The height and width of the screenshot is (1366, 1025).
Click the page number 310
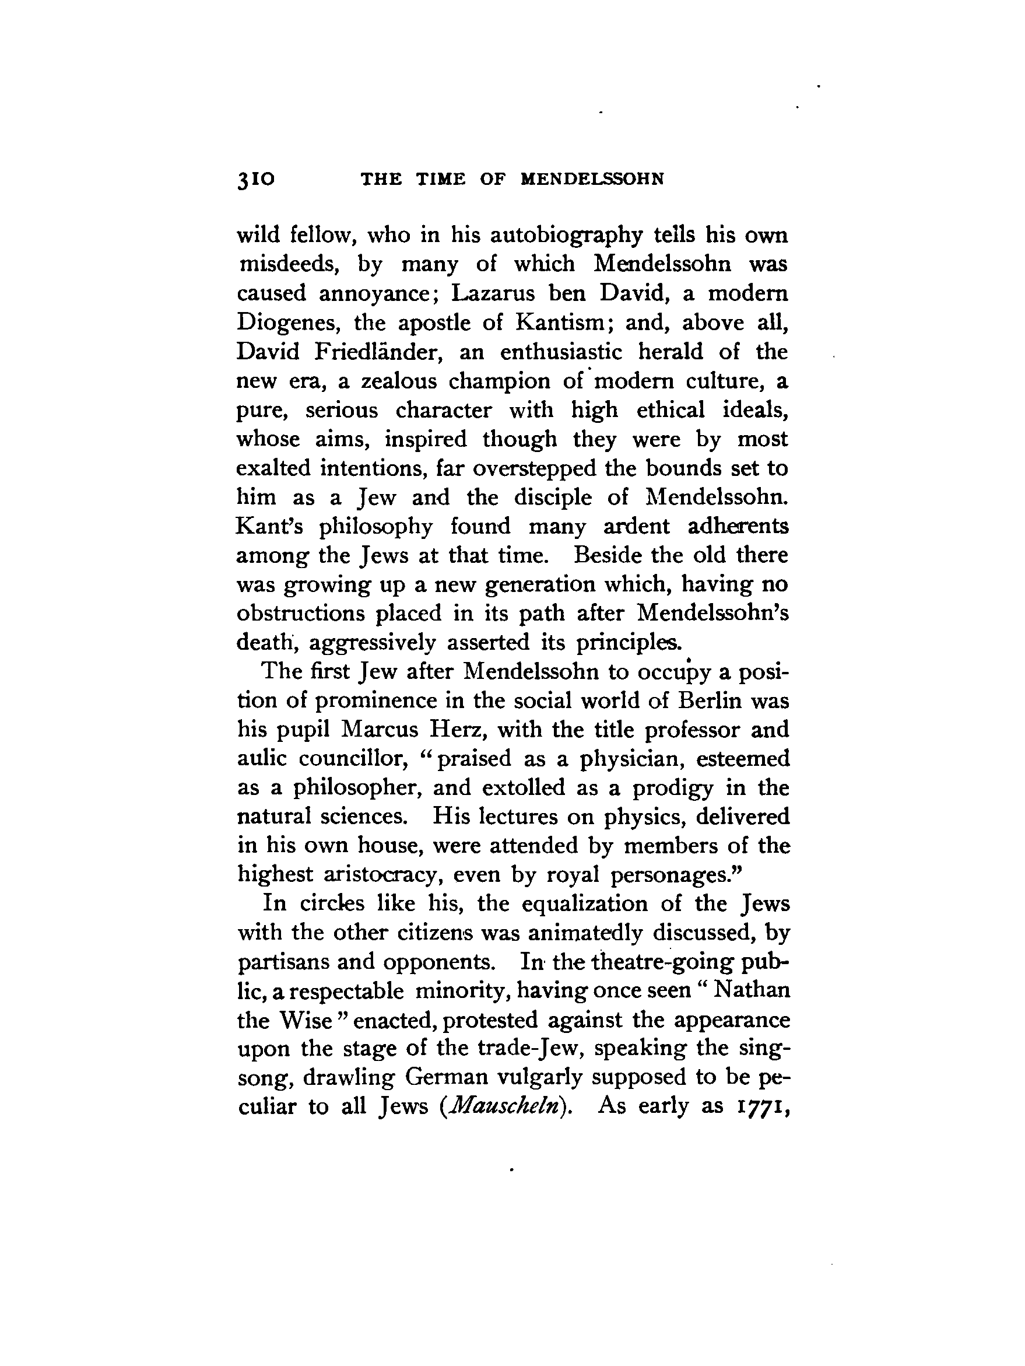[255, 179]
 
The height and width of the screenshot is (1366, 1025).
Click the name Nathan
[752, 990]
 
